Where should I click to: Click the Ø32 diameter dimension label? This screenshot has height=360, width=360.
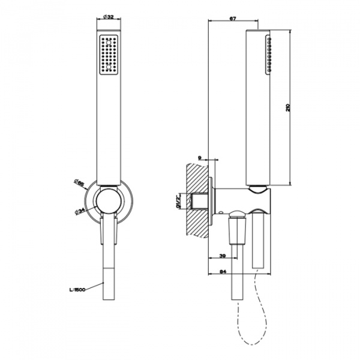pos(109,18)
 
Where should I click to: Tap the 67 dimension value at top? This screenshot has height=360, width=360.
pos(232,18)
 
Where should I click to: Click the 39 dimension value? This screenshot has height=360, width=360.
pos(224,256)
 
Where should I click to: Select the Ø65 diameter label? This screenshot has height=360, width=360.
pos(78,182)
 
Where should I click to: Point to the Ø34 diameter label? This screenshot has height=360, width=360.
pos(79,209)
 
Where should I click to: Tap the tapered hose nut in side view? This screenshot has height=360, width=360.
pos(238,232)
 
